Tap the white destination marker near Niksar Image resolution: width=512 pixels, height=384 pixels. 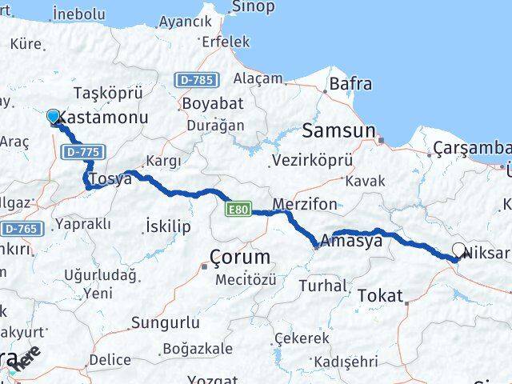pos(459,250)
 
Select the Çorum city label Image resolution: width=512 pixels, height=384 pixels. pos(239,257)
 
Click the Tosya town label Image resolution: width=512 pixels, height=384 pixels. pos(110,178)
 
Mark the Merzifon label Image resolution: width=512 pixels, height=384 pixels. pos(304,204)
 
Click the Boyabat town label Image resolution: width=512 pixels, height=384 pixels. pos(206,105)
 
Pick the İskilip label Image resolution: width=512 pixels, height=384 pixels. pos(169,226)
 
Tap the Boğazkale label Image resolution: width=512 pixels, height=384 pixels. pos(196,349)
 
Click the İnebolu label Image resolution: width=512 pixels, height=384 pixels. pos(78,14)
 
